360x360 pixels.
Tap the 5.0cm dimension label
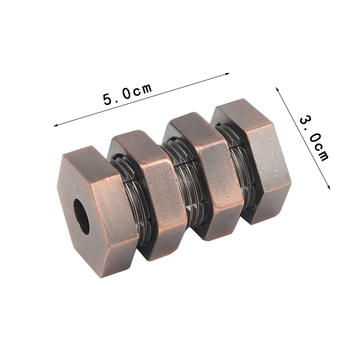[128, 94]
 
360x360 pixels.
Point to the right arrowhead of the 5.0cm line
[228, 74]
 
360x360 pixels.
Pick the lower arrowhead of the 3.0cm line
[329, 187]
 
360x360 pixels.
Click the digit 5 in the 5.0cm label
[108, 99]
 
